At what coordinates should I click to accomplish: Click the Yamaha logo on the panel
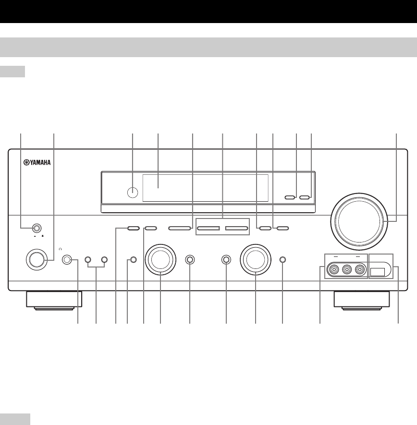[x=36, y=162]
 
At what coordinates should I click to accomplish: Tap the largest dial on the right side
[x=360, y=220]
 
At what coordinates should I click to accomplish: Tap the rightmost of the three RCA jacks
[x=359, y=271]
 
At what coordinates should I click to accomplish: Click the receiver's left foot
[x=53, y=300]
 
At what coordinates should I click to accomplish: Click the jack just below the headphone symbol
[x=68, y=260]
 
